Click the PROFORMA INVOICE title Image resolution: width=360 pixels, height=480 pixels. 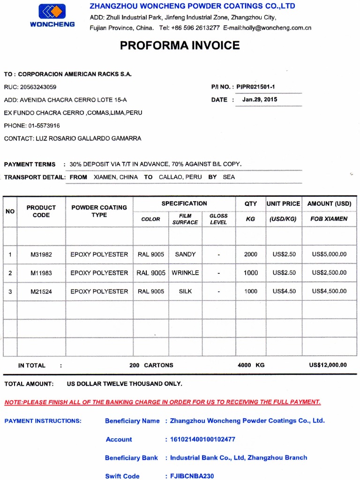pos(180,45)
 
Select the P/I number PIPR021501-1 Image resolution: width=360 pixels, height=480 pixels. pos(255,87)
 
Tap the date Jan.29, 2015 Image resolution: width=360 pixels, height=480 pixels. pos(260,99)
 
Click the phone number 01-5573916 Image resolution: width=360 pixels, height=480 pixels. pos(44,126)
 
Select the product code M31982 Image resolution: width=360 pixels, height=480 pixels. pos(41,255)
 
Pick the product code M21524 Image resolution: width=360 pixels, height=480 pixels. pos(41,292)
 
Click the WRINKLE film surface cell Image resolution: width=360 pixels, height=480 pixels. pos(185,273)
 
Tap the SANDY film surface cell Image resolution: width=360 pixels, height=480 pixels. pos(185,255)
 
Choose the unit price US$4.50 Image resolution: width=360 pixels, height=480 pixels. pos(284,292)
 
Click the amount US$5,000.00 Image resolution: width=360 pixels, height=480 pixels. pos(329,255)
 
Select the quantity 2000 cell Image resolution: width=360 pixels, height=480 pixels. pos(251,255)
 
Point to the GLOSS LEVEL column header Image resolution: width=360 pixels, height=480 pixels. pos(218,219)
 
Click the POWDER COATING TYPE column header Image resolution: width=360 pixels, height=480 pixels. pos(99,211)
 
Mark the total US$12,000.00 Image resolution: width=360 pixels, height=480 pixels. pos(328,365)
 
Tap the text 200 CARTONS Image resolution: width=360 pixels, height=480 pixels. pos(151,365)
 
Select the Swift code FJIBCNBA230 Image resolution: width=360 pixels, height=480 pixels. pos(192,476)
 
